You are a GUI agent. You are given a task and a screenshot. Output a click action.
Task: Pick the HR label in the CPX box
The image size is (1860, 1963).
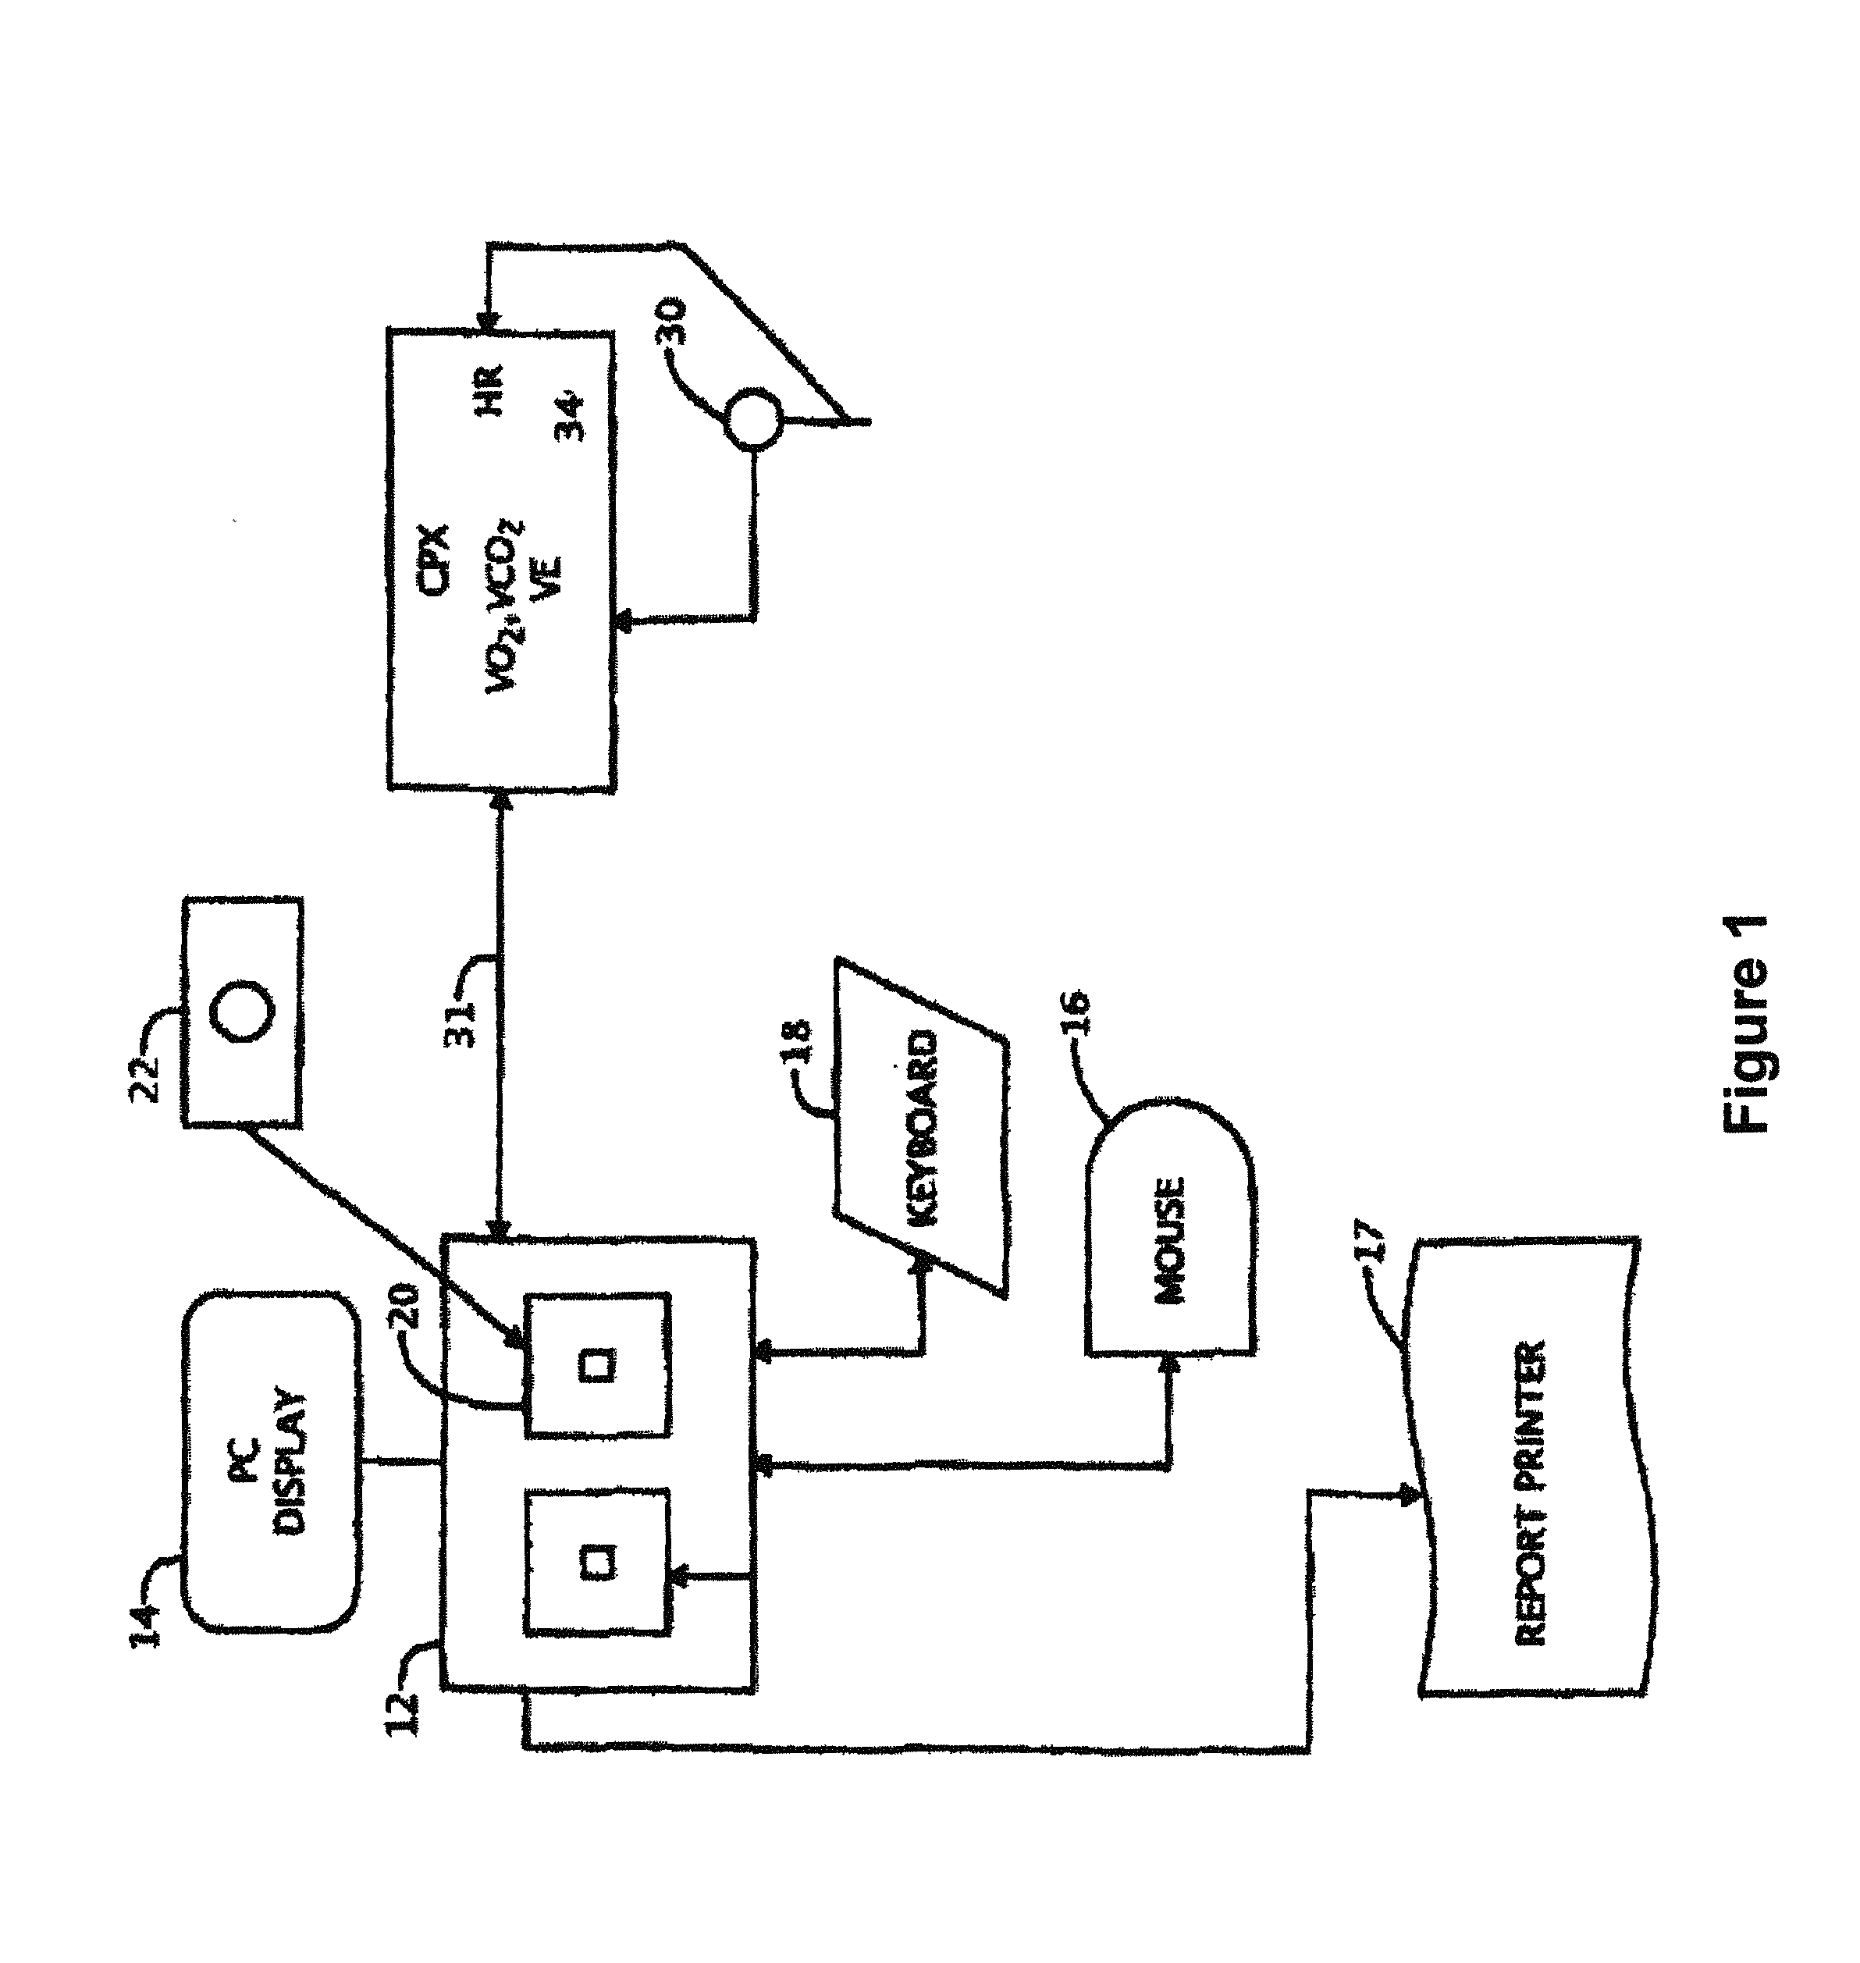click(493, 389)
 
